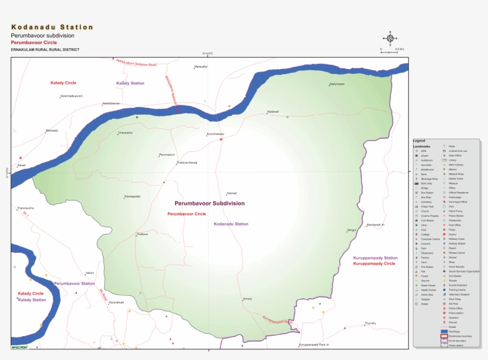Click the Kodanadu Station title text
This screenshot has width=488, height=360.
(52, 27)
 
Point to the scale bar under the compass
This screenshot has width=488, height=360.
(389, 52)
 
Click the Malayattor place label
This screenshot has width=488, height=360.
(201, 67)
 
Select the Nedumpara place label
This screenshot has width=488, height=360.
(337, 84)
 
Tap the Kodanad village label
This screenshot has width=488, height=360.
(273, 112)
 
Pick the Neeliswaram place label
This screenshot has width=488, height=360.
(111, 104)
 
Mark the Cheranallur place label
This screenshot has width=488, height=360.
(126, 133)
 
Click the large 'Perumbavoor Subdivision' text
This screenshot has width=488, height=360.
(209, 204)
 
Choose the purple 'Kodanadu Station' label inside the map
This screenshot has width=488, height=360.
(231, 224)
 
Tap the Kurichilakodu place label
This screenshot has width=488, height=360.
(215, 134)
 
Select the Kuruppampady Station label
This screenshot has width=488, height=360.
(375, 258)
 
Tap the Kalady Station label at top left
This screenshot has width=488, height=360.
(130, 83)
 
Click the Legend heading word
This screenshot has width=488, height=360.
(419, 140)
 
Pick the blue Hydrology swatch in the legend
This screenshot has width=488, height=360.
(444, 331)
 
